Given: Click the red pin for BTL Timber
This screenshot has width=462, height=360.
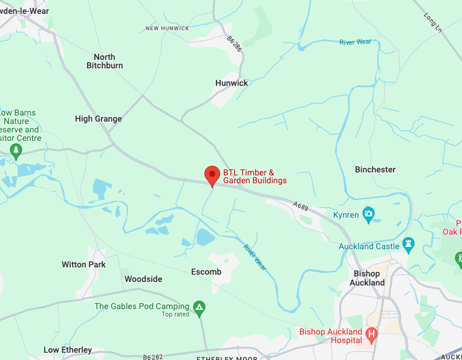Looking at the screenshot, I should point(212,175).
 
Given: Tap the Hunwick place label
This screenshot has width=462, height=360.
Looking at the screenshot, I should point(232,83).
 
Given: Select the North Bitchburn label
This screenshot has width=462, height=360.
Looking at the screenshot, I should point(105,61).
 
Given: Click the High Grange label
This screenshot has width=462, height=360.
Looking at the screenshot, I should point(99,119).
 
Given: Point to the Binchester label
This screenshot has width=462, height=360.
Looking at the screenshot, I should point(375,169).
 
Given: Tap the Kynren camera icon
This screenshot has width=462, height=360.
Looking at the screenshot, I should point(368,214).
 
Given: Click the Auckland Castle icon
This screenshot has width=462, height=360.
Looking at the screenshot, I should point(408,246).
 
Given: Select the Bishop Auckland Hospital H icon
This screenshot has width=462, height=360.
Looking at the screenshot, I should point(372,333).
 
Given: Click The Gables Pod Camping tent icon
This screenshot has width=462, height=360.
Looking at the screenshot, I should point(199,307).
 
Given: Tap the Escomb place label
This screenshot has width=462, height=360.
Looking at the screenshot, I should point(206,272).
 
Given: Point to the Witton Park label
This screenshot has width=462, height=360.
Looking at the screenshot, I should point(83,264).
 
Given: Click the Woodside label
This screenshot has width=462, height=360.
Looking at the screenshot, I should point(143,279).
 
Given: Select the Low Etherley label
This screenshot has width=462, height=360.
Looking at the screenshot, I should point(68,350).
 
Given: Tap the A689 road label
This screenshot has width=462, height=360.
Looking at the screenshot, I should point(301,206).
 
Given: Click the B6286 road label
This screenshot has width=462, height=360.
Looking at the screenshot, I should point(235,44).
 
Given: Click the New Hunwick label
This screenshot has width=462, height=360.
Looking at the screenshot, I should point(168,28).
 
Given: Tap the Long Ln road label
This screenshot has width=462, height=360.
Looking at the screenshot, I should point(434,23).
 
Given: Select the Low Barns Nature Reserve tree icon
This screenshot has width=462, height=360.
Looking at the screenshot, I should point(16,150).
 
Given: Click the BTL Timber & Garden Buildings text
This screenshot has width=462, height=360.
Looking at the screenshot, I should point(255,176).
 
